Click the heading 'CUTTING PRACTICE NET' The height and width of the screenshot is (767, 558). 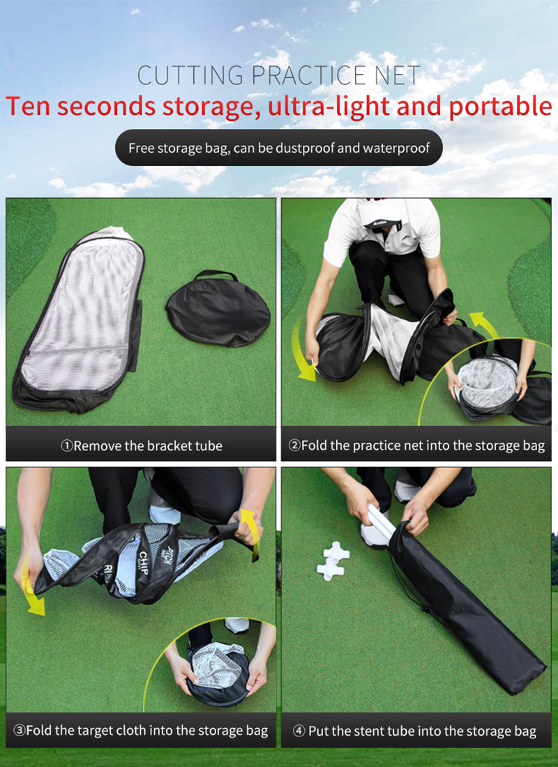tap(278, 75)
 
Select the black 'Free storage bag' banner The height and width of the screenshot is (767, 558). tap(278, 148)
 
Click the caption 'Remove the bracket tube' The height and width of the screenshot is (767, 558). tap(141, 446)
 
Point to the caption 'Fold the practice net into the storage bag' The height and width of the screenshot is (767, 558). tap(416, 446)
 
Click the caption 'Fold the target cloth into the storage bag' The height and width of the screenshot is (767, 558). tap(141, 731)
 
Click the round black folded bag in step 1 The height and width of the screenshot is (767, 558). tap(217, 310)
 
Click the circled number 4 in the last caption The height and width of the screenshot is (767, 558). tap(299, 731)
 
